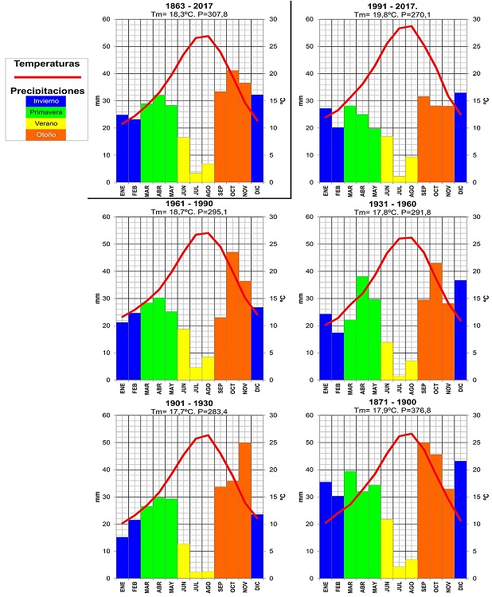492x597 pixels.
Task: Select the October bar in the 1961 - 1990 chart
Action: (232, 316)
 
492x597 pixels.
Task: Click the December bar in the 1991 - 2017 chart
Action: (460, 138)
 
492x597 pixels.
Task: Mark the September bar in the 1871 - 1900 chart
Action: (424, 510)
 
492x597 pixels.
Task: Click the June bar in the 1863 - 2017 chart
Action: (184, 160)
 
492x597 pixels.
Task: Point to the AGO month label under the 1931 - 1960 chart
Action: (412, 391)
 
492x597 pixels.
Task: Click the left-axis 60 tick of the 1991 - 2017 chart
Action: (306, 19)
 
